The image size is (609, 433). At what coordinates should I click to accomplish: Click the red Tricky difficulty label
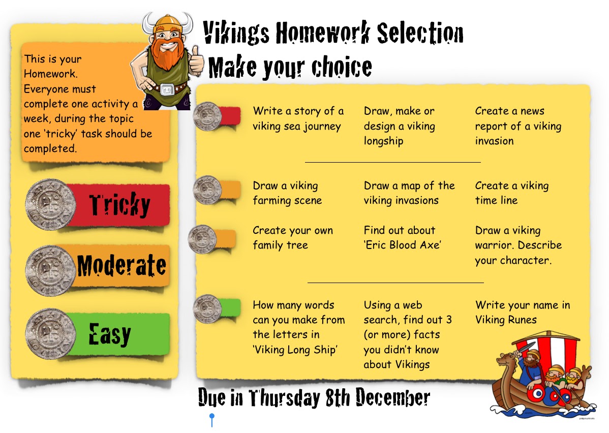118,205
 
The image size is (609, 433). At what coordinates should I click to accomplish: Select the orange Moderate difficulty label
120,266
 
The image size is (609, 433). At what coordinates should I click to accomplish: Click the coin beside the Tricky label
50,204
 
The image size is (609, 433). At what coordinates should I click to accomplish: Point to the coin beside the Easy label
50,334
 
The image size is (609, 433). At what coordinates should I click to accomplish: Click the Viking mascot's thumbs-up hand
197,59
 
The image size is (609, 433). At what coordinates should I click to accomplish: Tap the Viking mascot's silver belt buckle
167,89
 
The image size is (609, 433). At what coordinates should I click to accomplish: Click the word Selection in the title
420,33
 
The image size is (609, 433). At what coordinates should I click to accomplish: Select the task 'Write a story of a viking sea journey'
298,118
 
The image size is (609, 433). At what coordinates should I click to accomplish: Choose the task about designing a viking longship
399,126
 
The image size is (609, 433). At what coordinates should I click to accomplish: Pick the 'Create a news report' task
518,126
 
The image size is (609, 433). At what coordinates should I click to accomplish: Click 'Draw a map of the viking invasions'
409,193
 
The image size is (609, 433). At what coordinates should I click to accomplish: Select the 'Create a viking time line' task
512,193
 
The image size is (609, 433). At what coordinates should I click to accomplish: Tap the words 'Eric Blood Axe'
403,245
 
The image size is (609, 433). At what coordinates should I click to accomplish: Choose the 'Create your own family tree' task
293,238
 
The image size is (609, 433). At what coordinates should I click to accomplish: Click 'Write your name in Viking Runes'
523,312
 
